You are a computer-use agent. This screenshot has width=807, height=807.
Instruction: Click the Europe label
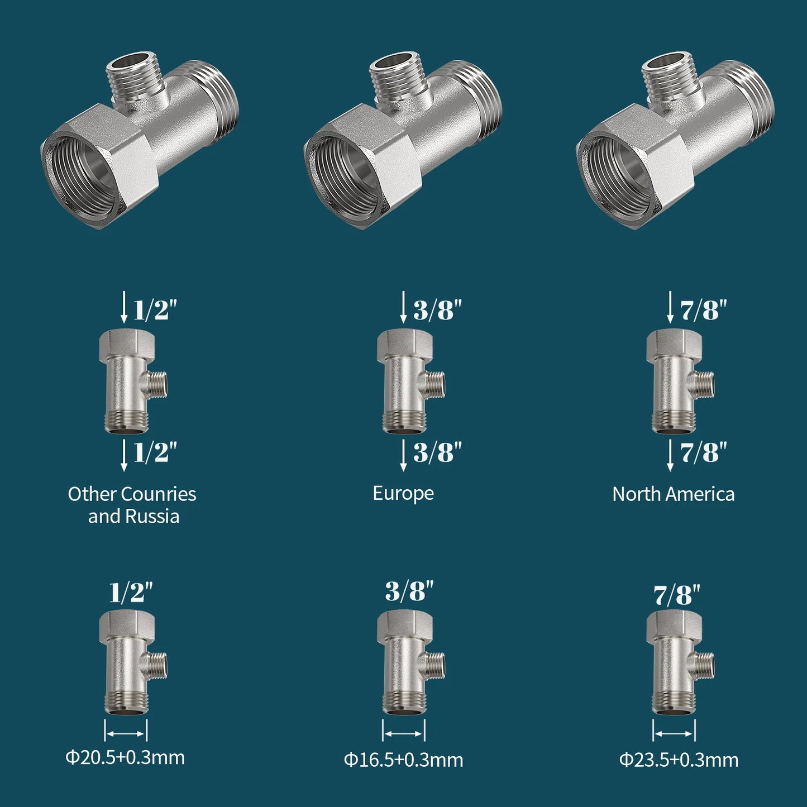pos(403,493)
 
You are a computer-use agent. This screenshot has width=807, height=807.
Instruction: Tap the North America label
pos(673,494)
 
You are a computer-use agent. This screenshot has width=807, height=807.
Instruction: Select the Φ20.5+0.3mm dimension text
pos(125,757)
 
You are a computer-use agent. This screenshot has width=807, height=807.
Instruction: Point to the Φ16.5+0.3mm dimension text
pos(403,760)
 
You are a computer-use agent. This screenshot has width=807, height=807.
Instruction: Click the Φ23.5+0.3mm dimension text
pos(679,760)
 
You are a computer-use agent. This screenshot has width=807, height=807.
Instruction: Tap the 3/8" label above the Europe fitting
pos(437,309)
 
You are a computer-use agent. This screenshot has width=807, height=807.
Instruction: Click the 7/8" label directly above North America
pos(703,452)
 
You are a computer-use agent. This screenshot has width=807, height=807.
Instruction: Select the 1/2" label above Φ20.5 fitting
pos(131,592)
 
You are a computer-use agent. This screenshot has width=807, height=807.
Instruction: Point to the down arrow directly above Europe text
pos(403,455)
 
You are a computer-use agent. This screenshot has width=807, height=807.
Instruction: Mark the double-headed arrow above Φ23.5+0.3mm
pos(674,733)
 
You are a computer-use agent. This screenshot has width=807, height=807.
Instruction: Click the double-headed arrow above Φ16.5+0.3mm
pos(403,733)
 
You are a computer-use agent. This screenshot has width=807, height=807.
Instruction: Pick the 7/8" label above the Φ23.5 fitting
pos(676,595)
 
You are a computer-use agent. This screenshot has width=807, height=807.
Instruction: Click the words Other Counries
pos(132,494)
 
